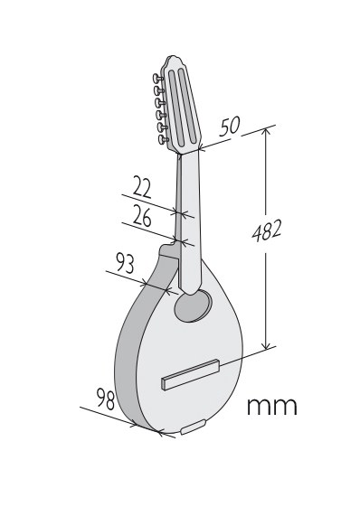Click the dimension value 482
(267, 230)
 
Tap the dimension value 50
(230, 127)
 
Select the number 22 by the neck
(142, 186)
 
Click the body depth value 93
(125, 263)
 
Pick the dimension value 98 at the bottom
(106, 399)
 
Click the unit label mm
(272, 406)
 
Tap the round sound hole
(193, 306)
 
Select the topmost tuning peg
(157, 79)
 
